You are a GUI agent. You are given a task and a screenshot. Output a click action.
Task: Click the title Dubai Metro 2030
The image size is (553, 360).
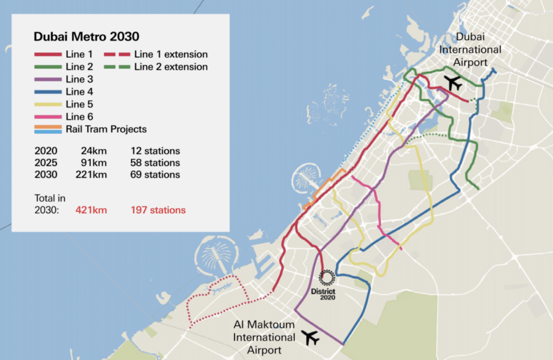[x=86, y=37]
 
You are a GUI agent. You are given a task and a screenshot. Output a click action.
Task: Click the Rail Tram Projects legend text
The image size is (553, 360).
[x=106, y=129]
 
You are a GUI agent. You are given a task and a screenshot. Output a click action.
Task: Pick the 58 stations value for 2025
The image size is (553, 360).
[x=155, y=162]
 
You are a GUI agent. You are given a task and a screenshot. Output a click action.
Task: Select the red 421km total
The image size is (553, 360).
[x=91, y=210]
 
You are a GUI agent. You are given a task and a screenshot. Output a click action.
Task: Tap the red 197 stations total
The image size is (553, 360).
[x=158, y=210]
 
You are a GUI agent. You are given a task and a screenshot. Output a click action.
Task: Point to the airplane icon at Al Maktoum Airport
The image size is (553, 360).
[x=311, y=337]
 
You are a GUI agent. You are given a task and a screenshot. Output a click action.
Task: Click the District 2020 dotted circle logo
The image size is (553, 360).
[x=327, y=277]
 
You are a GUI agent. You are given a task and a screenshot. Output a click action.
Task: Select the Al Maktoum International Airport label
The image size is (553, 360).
[x=264, y=337]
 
